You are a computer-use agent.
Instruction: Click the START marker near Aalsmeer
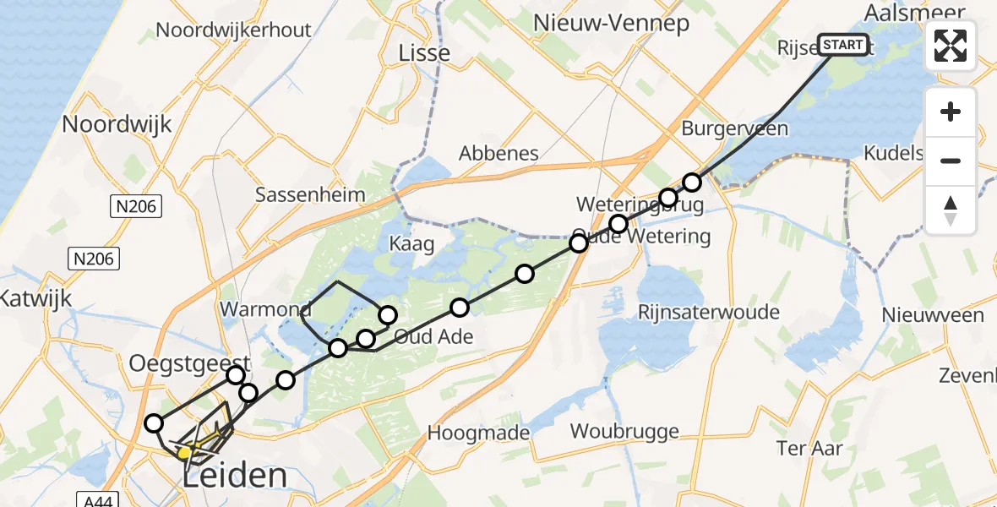tap(842, 45)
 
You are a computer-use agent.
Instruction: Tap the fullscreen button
tap(951, 46)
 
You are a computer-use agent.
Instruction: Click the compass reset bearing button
tap(951, 210)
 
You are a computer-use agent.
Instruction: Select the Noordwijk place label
tap(117, 124)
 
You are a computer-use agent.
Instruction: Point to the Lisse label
tap(424, 53)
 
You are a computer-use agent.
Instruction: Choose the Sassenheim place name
tap(310, 194)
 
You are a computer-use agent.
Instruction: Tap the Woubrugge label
tap(624, 432)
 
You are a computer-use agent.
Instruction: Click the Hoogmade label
tap(478, 433)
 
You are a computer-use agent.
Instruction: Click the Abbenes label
tap(498, 154)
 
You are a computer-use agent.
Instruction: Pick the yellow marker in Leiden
tap(185, 454)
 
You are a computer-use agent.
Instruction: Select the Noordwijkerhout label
tap(233, 30)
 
